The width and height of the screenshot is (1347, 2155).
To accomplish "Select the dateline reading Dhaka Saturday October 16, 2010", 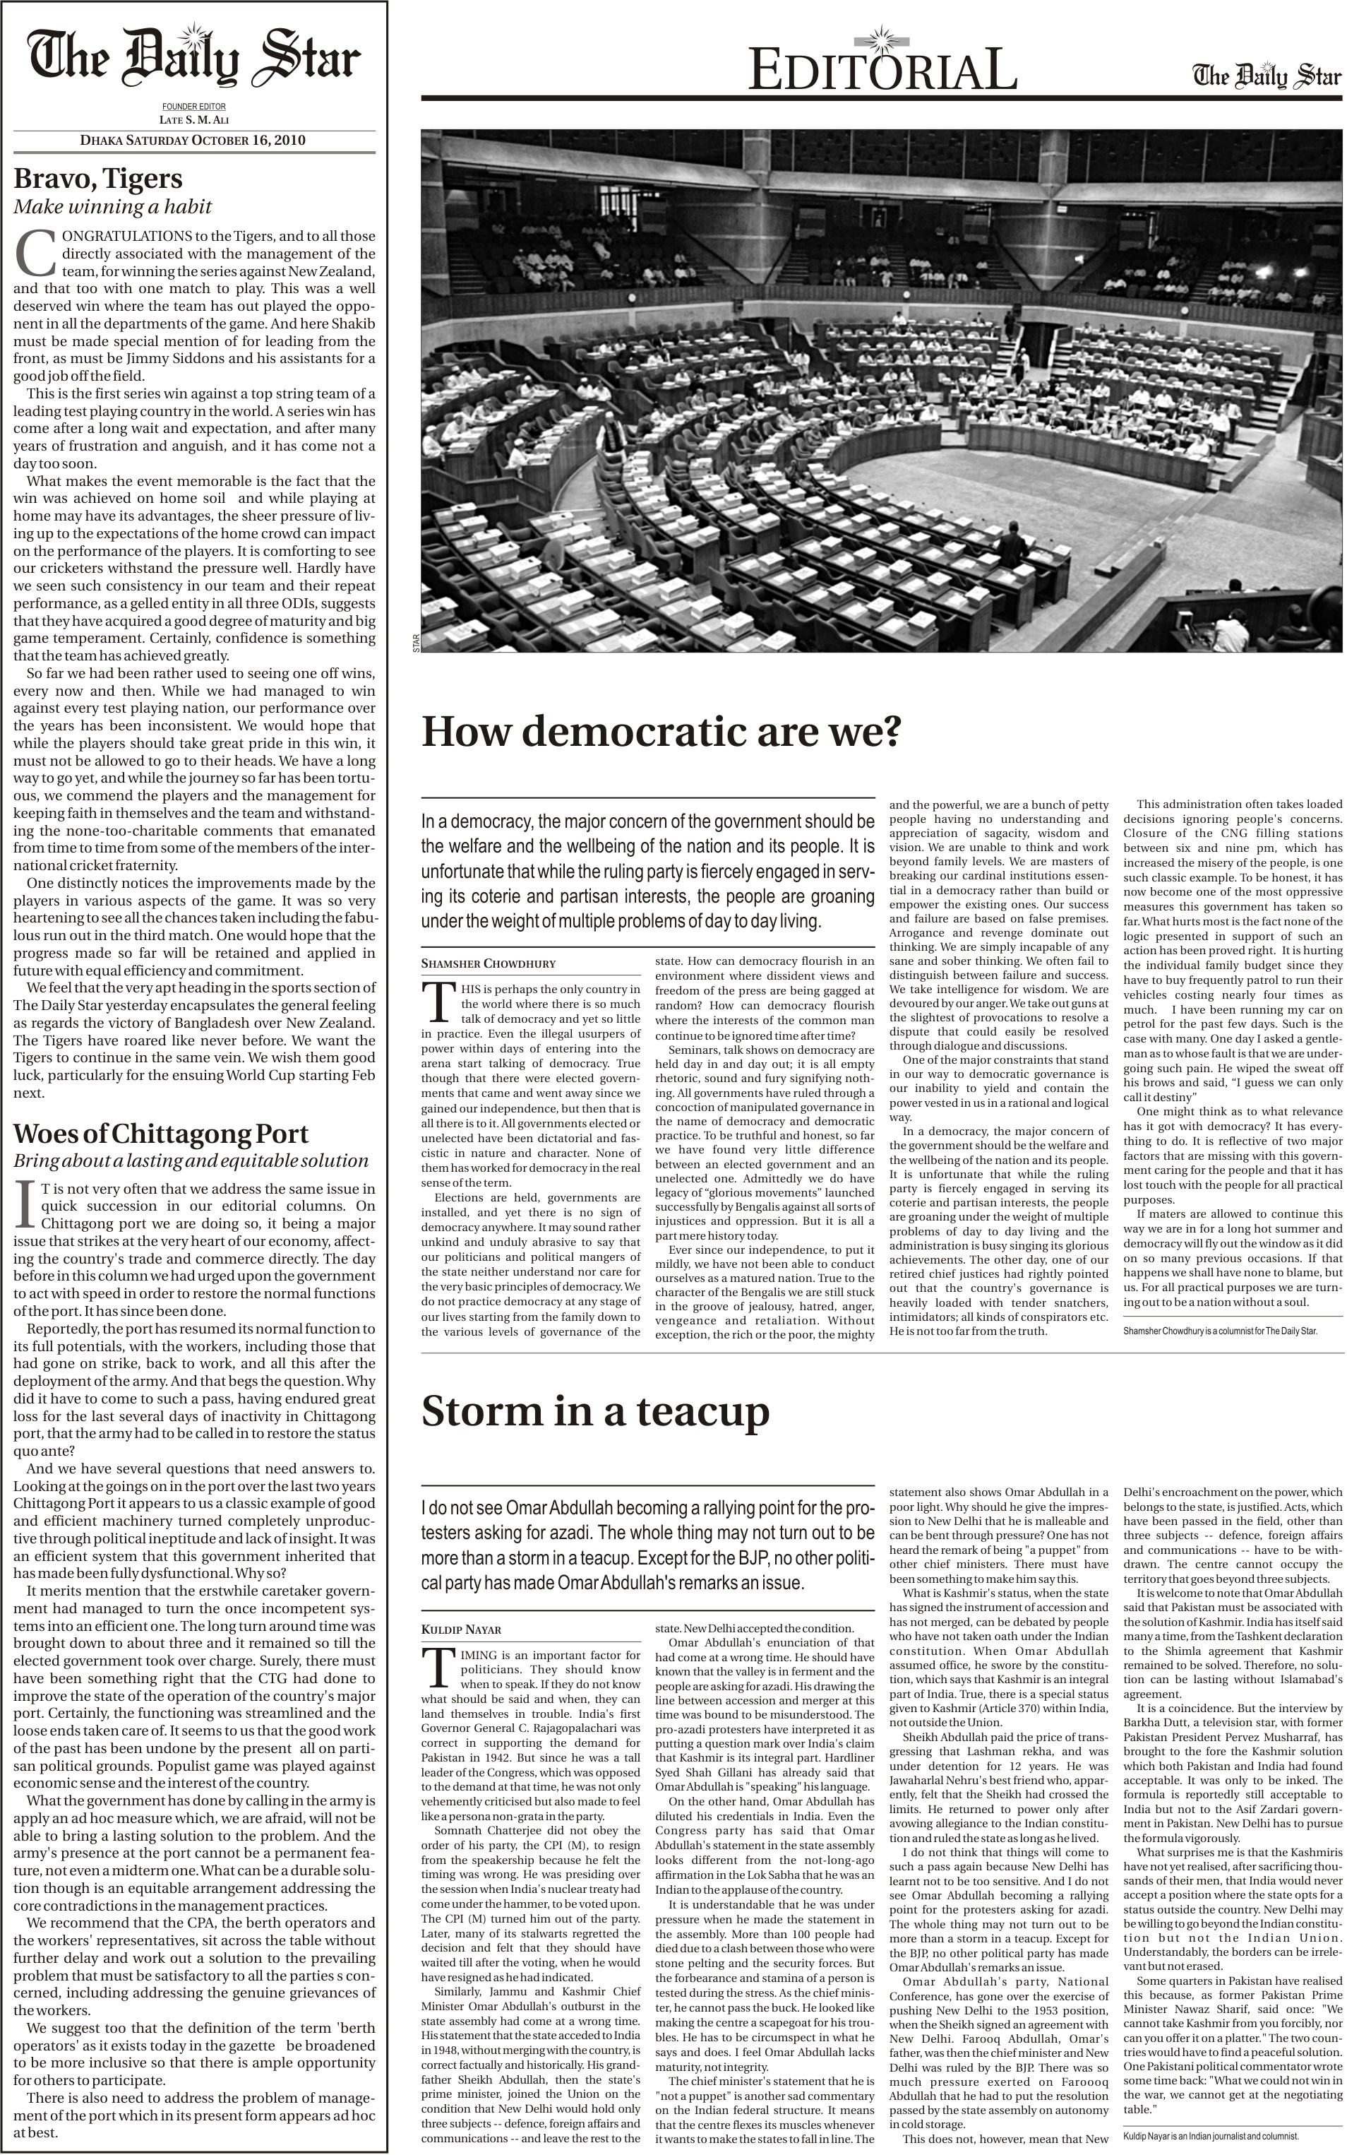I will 193,140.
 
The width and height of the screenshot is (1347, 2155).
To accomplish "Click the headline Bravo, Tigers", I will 98,178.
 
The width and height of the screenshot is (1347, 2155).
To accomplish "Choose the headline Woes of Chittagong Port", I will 160,1134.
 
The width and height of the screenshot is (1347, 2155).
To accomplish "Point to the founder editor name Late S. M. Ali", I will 193,119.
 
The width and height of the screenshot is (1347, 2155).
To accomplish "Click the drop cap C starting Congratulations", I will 35,254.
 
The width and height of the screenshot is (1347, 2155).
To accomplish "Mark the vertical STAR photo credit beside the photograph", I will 415,643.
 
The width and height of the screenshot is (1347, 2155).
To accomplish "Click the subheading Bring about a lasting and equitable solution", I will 191,1160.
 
